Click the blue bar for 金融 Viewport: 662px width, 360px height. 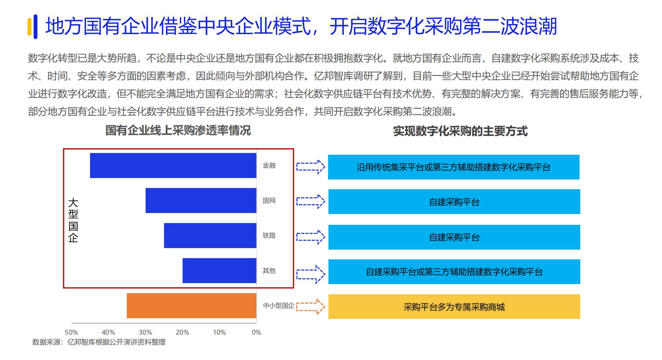pos(173,165)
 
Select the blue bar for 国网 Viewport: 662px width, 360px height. pos(201,200)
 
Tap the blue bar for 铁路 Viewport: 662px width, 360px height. pos(210,235)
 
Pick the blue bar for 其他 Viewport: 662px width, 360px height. pos(219,271)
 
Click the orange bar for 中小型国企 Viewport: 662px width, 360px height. pos(191,306)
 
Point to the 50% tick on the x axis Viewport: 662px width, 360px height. pos(71,332)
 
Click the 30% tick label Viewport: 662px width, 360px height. pos(145,332)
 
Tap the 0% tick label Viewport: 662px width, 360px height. pos(256,332)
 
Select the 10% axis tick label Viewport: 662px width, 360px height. pos(219,332)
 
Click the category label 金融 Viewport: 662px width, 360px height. pos(269,165)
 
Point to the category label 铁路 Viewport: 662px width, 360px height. pos(269,235)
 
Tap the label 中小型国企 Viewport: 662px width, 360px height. pos(279,306)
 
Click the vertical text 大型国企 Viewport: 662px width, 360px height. pos(73,220)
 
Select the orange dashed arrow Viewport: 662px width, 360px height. pos(310,306)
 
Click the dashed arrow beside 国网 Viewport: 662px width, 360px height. pos(310,201)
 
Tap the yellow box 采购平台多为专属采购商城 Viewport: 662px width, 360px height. pos(454,307)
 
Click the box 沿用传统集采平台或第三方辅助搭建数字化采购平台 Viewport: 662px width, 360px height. pos(453,167)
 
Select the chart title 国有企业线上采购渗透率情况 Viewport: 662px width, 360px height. pos(178,130)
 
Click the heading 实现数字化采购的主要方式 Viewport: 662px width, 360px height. pos(460,131)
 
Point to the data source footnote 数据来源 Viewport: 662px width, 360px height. pos(99,342)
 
